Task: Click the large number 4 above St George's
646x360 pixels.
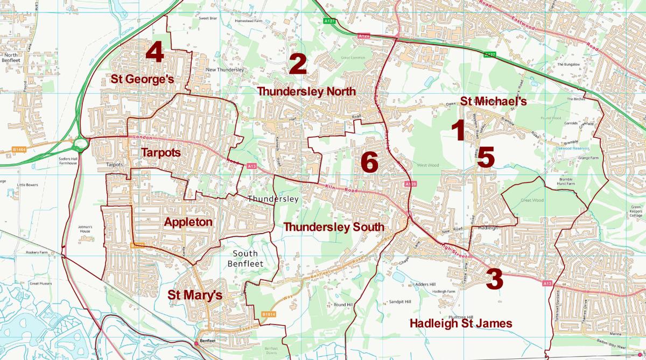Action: (x=155, y=52)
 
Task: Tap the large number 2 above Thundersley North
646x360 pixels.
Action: (x=297, y=65)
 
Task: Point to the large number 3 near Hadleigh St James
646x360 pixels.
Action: (x=494, y=280)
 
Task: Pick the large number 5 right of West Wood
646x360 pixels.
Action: (x=485, y=158)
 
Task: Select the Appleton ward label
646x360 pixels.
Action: (x=188, y=222)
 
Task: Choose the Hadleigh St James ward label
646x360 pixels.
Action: (x=461, y=323)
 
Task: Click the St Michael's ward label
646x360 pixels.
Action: (x=493, y=101)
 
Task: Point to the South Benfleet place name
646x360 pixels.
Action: (x=245, y=258)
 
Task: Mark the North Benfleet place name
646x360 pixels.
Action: (x=11, y=58)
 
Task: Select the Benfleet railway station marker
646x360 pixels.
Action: (x=196, y=343)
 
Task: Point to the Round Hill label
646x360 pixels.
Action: (x=342, y=305)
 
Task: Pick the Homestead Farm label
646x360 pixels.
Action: (x=248, y=21)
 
